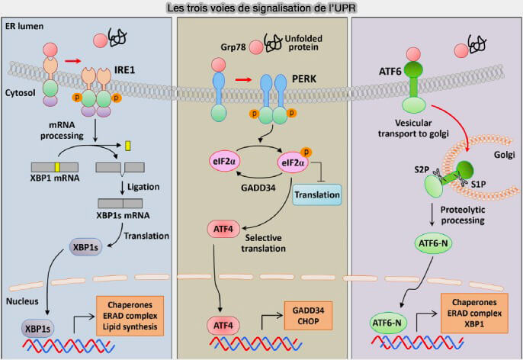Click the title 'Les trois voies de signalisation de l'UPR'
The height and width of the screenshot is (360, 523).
(261, 8)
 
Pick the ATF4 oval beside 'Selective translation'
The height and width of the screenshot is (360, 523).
(223, 229)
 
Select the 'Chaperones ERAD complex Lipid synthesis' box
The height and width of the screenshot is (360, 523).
(128, 314)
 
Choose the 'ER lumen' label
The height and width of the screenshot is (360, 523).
(26, 27)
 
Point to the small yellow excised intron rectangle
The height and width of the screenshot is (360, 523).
(127, 144)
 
